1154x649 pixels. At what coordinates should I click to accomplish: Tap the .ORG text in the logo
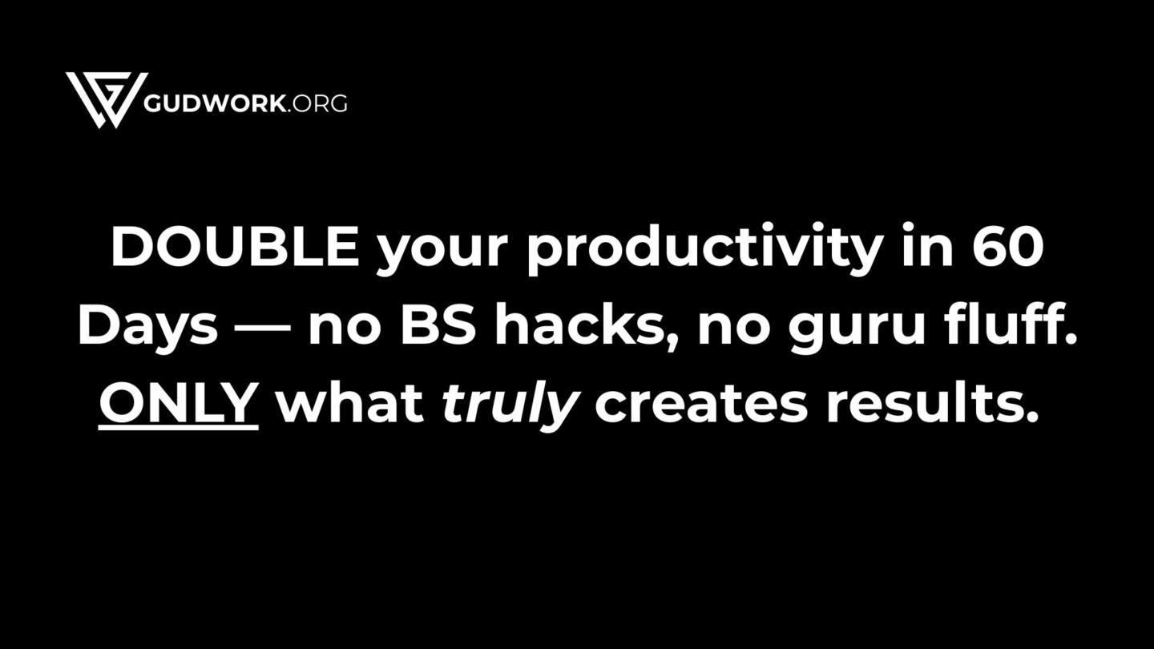[x=317, y=103]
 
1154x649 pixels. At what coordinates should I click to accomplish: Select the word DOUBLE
[x=235, y=246]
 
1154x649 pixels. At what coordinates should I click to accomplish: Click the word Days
[x=147, y=329]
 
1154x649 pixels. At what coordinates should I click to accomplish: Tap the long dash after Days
[x=262, y=329]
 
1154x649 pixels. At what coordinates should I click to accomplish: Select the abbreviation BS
[x=438, y=324]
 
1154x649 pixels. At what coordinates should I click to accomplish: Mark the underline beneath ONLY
[x=178, y=427]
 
